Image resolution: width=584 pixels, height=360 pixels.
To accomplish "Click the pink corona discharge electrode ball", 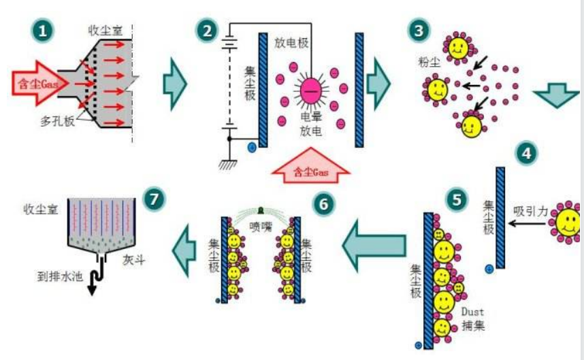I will (310, 91).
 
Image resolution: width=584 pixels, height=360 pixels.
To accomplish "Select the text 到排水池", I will (60, 277).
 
